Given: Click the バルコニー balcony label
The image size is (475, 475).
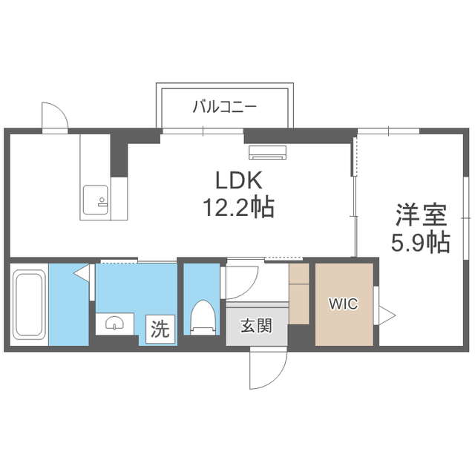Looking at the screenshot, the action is coord(225,107).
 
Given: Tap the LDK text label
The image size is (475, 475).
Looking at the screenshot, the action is coord(238,180).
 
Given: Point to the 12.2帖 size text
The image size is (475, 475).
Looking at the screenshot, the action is coord(238,207).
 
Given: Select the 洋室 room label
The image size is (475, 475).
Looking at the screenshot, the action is coord(421,215).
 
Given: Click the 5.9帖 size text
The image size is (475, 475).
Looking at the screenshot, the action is coord(421,242).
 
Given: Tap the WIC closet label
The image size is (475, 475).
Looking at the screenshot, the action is coord(344,304).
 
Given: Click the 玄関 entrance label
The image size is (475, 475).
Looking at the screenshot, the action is coord(256,326).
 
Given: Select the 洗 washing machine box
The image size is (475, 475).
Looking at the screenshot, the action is coord(160,330).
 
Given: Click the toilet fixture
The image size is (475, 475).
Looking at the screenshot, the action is coord(203,317).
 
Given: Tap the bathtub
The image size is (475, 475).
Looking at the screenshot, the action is coord(29,304).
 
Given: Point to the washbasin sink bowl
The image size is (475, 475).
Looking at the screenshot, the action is coord(114,323).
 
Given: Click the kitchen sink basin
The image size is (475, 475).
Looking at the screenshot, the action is coord(96,200).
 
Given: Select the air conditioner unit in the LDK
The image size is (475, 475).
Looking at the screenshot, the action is coord(267,152).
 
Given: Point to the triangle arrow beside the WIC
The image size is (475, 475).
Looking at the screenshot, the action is coord(387,315).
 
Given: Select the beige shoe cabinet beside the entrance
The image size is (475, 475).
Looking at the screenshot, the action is coord(298,294).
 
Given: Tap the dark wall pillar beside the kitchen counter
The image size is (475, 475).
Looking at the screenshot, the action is coord(119,155).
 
